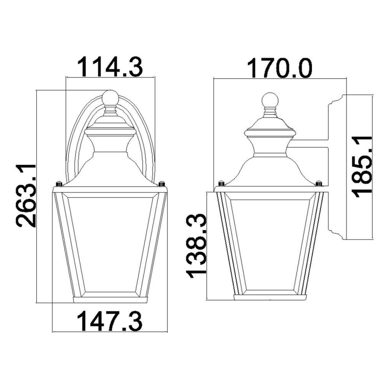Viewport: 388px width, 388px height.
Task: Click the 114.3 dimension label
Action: tap(110, 66)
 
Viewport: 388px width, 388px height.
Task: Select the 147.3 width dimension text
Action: tap(110, 321)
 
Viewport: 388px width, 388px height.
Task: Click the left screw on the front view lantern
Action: tap(58, 183)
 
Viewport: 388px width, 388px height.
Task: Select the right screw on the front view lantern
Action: tap(162, 183)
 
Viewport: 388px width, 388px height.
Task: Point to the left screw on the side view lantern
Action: tap(221, 183)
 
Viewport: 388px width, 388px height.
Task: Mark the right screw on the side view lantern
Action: tap(318, 183)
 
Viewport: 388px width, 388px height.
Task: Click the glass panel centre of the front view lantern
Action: tap(110, 244)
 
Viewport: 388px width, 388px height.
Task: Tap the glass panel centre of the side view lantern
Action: tap(270, 244)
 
